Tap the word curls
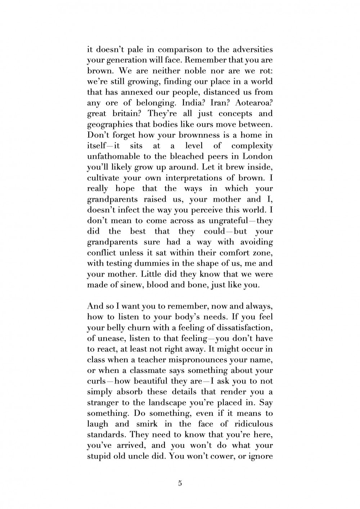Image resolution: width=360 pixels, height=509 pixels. point(96,381)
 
